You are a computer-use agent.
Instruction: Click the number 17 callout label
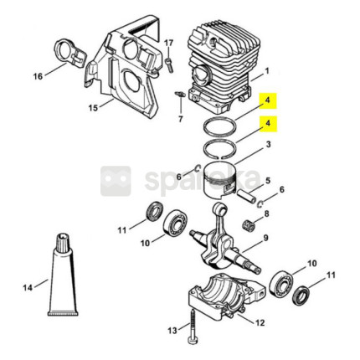click(x=168, y=44)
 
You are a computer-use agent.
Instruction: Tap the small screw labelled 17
click(x=169, y=64)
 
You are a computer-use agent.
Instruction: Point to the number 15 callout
click(x=94, y=108)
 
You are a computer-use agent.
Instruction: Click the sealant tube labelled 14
click(x=64, y=274)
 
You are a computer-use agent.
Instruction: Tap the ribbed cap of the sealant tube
click(x=64, y=242)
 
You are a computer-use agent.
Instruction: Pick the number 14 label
click(x=28, y=287)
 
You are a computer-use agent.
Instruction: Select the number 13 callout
click(x=172, y=331)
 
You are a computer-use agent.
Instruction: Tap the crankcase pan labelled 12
click(x=227, y=296)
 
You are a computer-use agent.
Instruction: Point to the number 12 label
click(x=260, y=323)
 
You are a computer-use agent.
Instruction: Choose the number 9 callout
click(x=265, y=238)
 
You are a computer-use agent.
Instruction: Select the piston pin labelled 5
click(x=247, y=197)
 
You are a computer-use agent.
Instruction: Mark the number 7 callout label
click(x=181, y=119)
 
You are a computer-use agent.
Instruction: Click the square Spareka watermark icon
click(x=116, y=181)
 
